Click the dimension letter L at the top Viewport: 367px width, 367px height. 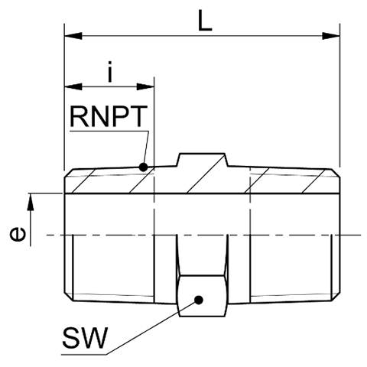(205, 21)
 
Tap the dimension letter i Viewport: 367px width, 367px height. (109, 72)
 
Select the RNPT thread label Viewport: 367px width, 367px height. (109, 116)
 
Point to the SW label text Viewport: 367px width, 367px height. (85, 338)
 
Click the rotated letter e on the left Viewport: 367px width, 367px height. (18, 234)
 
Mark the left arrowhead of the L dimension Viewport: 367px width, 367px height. (73, 36)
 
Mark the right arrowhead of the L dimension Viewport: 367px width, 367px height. (331, 36)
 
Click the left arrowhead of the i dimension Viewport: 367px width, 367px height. (73, 86)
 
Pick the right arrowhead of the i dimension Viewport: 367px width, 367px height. (145, 86)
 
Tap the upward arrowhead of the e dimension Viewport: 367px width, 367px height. (31, 202)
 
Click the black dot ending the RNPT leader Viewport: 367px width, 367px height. (143, 167)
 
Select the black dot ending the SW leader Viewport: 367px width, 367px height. (199, 300)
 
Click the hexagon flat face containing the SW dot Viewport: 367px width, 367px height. (203, 296)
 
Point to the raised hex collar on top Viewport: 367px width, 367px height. (203, 160)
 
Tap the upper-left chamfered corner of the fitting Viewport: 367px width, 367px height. (69, 174)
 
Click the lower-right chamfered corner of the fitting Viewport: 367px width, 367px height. (336, 296)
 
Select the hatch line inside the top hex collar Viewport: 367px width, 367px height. (206, 174)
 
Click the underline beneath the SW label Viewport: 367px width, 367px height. (84, 354)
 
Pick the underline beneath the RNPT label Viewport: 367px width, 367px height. (109, 132)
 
